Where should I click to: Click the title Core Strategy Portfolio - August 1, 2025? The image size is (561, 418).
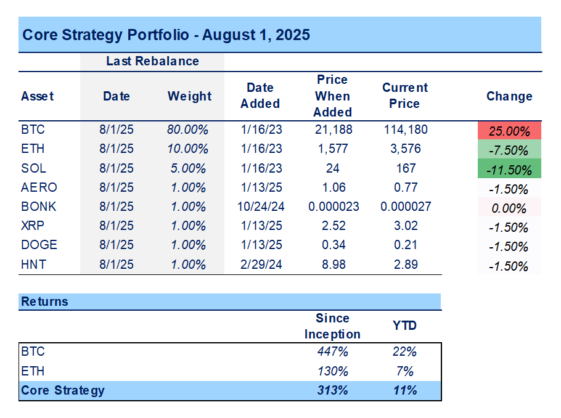pyautogui.click(x=166, y=35)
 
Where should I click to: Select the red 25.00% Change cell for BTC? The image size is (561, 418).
pyautogui.click(x=509, y=131)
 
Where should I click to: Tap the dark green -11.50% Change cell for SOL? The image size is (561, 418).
pyautogui.click(x=509, y=169)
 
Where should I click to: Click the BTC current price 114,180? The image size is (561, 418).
pyautogui.click(x=404, y=129)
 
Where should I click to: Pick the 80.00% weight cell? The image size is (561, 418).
pyautogui.click(x=188, y=129)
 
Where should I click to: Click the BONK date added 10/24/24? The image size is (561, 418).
pyautogui.click(x=260, y=207)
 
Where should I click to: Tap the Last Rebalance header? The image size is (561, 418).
pyautogui.click(x=152, y=61)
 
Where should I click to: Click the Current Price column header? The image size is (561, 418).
pyautogui.click(x=404, y=96)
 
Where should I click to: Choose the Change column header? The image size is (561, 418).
pyautogui.click(x=509, y=96)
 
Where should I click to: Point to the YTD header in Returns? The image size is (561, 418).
pyautogui.click(x=404, y=326)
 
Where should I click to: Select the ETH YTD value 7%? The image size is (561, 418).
pyautogui.click(x=404, y=371)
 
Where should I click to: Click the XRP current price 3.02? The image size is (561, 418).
pyautogui.click(x=404, y=226)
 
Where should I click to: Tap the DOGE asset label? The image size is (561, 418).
pyautogui.click(x=39, y=245)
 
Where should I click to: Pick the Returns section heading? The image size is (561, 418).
pyautogui.click(x=44, y=301)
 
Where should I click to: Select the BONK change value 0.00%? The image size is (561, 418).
pyautogui.click(x=509, y=208)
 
